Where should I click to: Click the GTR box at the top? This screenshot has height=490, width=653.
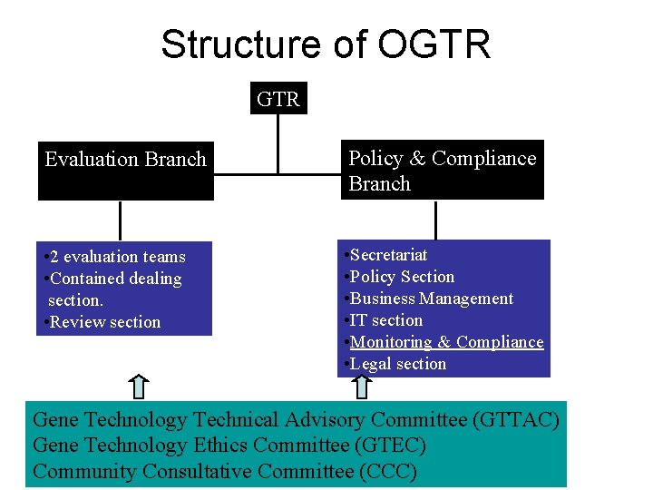pos(278,99)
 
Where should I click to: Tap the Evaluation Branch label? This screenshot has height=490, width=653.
pos(126,160)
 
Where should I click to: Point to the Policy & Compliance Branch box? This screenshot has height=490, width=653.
pos(443,171)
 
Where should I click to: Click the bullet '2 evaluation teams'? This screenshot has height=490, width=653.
pos(114,257)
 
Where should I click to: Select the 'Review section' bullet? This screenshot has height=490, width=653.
pos(102,322)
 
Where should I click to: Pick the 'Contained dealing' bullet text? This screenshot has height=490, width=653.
pos(112,279)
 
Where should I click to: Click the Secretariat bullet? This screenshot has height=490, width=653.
pos(385,255)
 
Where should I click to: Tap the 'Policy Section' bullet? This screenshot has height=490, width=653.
pos(399,277)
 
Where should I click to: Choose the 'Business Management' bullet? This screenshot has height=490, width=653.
pos(429,299)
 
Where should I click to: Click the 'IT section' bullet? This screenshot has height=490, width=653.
pos(384,320)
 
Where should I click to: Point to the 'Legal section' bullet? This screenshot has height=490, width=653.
pos(395,364)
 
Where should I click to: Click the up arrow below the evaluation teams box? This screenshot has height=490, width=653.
pos(138,387)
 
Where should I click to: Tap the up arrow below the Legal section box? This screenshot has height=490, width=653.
pos(362,387)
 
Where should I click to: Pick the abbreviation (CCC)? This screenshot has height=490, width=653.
pos(387,472)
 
